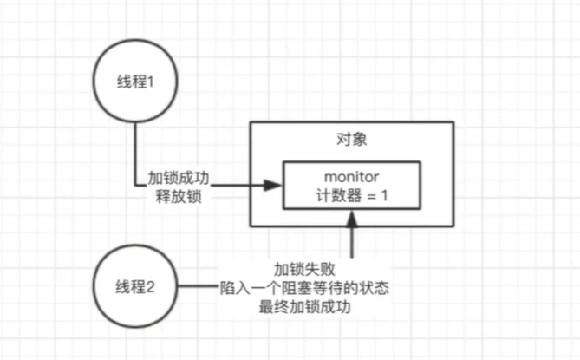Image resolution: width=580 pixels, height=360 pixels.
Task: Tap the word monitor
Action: (351, 177)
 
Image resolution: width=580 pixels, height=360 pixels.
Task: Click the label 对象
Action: (352, 140)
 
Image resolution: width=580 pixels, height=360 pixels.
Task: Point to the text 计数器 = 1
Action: (352, 195)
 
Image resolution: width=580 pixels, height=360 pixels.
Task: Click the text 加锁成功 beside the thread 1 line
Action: (179, 178)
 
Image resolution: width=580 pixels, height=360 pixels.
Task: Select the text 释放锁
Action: (179, 196)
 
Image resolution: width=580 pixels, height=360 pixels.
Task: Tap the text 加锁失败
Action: (304, 269)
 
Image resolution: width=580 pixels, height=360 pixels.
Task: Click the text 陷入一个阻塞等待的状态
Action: (304, 288)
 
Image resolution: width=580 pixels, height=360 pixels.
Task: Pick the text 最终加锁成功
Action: (304, 307)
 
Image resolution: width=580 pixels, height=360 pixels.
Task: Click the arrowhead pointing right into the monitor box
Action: (273, 185)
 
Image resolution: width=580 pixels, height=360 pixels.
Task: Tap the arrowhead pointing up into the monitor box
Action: (352, 219)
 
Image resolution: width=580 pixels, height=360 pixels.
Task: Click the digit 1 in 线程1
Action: (150, 82)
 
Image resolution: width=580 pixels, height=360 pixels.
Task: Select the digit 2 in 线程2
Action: (150, 287)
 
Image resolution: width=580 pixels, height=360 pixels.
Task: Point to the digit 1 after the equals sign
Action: (384, 195)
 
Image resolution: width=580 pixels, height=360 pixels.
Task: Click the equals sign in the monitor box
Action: (371, 196)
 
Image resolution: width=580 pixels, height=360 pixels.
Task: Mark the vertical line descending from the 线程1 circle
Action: (135, 154)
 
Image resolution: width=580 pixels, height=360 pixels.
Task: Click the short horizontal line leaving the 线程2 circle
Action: (199, 286)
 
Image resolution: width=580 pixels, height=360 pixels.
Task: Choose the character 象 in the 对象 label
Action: (360, 140)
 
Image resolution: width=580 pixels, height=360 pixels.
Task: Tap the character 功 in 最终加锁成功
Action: (343, 307)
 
